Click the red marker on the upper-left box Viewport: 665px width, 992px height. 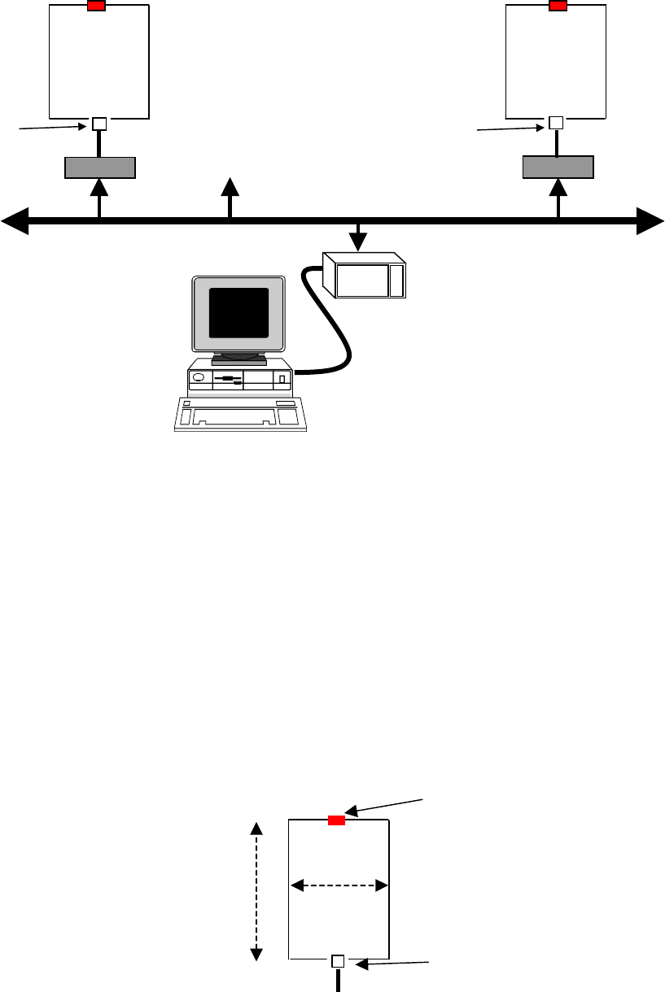click(x=96, y=7)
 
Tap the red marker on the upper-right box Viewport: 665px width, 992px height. click(x=558, y=7)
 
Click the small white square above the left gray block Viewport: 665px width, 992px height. click(x=99, y=124)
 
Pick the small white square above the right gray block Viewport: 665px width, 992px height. click(x=556, y=124)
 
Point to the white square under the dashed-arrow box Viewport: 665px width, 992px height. click(x=339, y=962)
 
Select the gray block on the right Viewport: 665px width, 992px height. click(x=558, y=168)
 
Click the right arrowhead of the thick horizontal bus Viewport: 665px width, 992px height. click(x=649, y=220)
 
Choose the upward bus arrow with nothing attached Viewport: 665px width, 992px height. click(x=230, y=189)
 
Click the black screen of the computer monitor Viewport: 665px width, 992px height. click(x=239, y=313)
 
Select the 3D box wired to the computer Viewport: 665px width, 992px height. click(x=364, y=276)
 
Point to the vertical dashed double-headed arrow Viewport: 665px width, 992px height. click(x=256, y=890)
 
